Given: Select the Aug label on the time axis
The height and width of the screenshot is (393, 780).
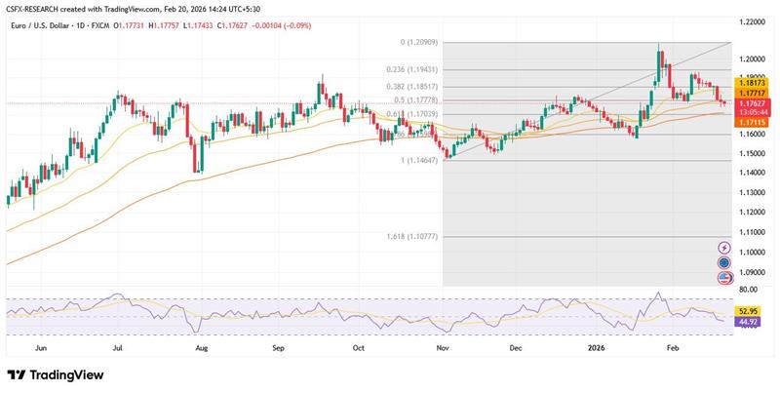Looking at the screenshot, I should coord(201,346).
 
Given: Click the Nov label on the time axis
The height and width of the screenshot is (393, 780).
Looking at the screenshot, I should coord(443,346).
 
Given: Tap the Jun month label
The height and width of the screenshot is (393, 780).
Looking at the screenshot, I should coord(40,346).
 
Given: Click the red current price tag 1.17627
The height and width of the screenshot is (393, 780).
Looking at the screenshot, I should coord(749,103).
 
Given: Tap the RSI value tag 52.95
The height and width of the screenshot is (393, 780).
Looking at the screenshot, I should coord(747,310).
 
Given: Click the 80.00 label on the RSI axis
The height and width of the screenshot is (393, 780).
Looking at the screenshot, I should coord(747,290).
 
